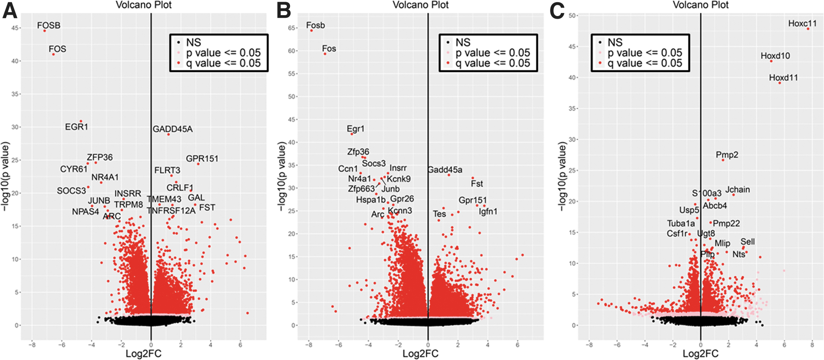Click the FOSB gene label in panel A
point(49,25)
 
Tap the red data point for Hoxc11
point(808,29)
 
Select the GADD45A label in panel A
point(173,129)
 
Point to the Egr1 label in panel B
point(355,129)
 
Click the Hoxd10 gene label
point(775,56)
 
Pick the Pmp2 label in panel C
point(727,155)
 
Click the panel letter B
point(284,10)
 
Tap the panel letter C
point(557,10)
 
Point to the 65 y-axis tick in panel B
point(292,28)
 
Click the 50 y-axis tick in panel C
point(572,16)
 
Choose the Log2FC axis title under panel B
point(420,354)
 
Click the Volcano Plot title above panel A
point(144,5)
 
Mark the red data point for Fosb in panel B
point(311,30)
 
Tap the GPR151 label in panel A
point(202,159)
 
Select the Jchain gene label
point(738,190)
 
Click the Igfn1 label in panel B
point(488,212)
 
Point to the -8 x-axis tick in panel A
point(32,344)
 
